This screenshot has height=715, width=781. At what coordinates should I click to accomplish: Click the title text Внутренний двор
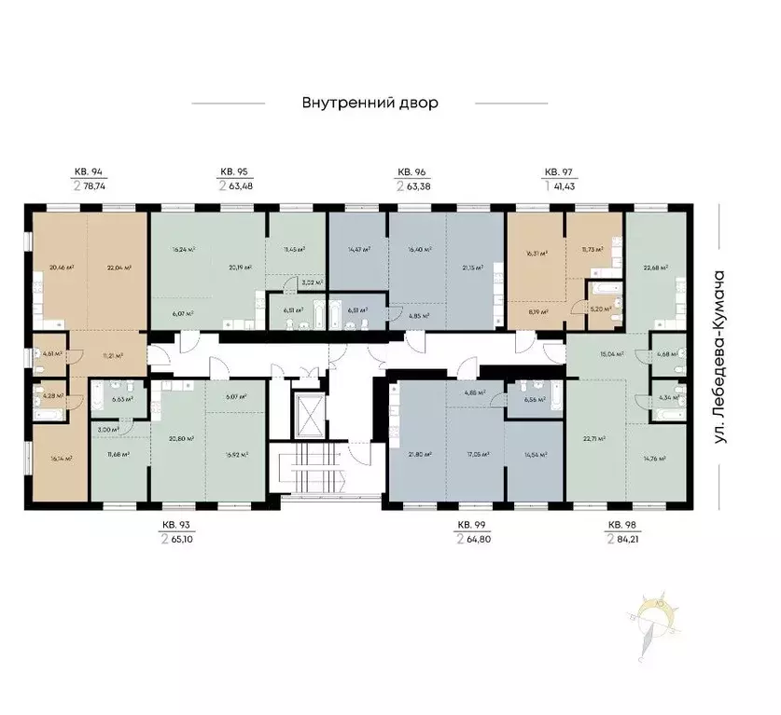point(370,103)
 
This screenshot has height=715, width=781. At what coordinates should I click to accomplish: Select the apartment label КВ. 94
point(89,172)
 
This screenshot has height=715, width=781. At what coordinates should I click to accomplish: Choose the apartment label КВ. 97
point(558,172)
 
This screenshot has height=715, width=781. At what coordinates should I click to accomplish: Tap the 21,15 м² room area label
point(474,268)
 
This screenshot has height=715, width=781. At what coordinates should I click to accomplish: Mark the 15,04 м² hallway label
point(610,354)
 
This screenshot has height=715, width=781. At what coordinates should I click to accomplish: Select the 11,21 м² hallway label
point(114,356)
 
